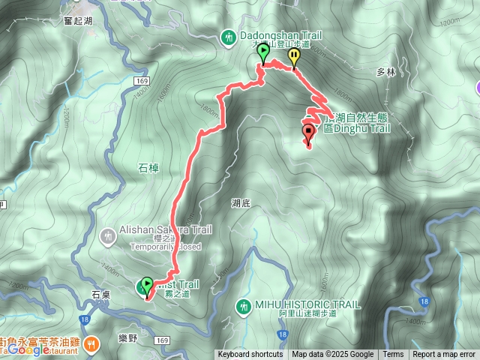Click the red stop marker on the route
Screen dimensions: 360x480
pos(308,134)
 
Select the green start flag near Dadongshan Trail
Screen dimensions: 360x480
pos(263,53)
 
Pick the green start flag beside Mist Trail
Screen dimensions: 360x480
pos(145,286)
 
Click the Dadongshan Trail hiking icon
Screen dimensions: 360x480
pos(228,36)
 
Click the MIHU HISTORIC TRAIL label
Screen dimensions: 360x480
pos(307,304)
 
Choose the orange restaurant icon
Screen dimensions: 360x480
pos(91,343)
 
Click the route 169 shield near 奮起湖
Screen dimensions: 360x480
pos(142,79)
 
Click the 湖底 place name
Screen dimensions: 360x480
pos(241,202)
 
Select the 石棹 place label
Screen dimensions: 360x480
pos(149,168)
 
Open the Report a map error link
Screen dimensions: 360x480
pos(445,355)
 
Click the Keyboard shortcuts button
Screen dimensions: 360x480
pos(250,355)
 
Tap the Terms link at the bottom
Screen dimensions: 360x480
pos(393,355)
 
